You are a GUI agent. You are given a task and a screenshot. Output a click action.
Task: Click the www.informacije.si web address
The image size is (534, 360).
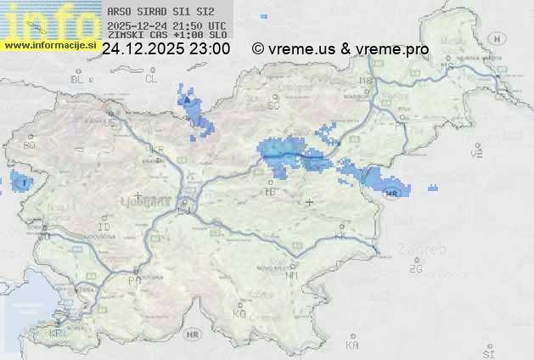pos(49,44)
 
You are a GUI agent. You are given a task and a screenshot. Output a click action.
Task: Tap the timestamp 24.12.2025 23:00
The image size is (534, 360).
pos(166,49)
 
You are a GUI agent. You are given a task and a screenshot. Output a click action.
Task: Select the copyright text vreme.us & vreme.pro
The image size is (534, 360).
pos(340,49)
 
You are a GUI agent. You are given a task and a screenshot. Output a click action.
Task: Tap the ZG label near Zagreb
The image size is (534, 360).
pos(415,269)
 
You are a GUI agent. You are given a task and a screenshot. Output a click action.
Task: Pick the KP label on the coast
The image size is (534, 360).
pos(56,334)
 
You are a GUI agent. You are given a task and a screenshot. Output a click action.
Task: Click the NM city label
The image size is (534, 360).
pos(292,275)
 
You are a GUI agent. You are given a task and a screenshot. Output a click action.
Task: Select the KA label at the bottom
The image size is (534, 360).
pos(352,346)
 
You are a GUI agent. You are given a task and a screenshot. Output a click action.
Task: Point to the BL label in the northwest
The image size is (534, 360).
pos(78,79)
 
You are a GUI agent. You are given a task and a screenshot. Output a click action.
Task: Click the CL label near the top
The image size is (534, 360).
pos(151,79)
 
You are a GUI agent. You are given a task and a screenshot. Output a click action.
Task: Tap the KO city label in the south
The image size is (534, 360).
pos(239,313)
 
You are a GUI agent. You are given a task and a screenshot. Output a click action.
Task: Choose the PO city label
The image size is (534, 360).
pos(134,279)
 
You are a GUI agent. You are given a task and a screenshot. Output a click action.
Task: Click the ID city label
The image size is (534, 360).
pos(104,228)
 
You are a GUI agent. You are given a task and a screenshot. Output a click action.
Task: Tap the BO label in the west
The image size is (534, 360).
pos(29,145)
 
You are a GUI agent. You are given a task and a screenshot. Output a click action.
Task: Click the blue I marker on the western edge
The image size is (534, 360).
pos(25,182)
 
